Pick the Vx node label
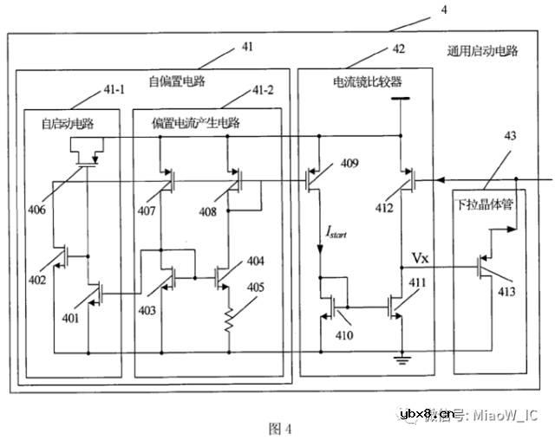point(420,258)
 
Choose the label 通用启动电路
point(482,50)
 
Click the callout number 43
point(510,136)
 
